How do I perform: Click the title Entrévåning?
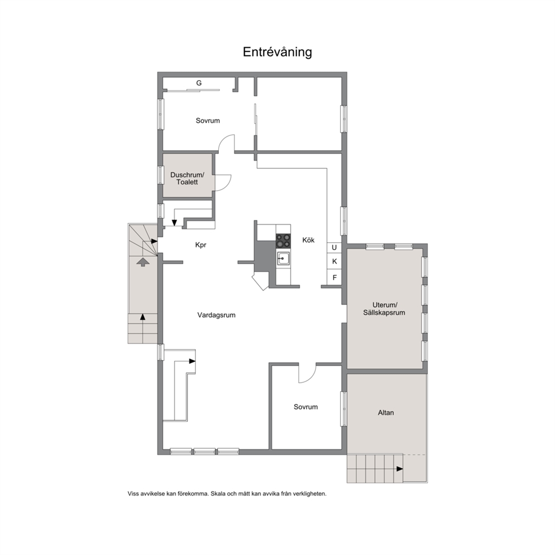(277, 52)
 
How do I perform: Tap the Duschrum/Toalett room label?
(187, 178)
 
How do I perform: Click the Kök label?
(308, 240)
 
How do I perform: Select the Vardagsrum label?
(217, 315)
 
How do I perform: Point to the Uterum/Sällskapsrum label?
(384, 309)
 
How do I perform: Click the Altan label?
(386, 413)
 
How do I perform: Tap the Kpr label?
(201, 245)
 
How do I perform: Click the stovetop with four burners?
(283, 241)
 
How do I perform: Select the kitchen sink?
(283, 258)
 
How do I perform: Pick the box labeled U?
(334, 247)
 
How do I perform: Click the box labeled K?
(334, 262)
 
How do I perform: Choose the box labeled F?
(334, 277)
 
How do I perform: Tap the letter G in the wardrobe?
(199, 83)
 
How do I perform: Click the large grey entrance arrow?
(143, 262)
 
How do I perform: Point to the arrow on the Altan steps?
(399, 469)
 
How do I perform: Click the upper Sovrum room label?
(208, 121)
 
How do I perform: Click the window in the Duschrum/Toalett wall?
(161, 175)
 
